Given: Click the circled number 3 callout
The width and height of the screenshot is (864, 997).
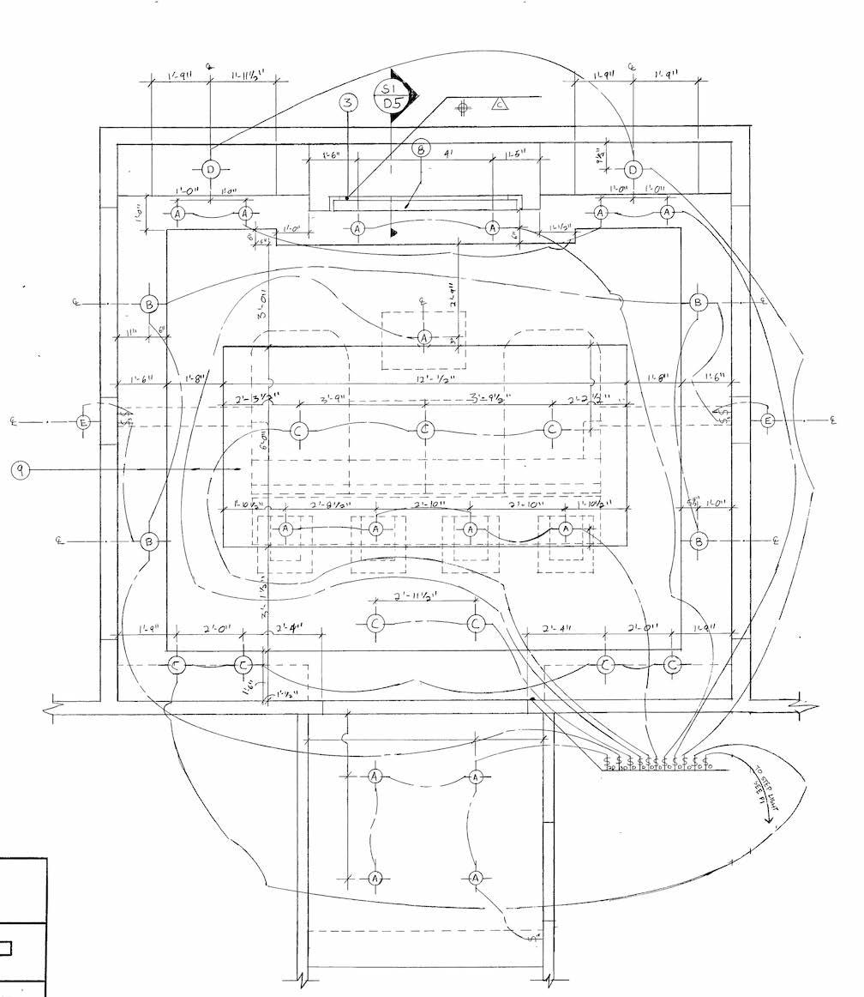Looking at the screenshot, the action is click(347, 104).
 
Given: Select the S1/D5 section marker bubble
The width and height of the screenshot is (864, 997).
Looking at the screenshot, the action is click(392, 95).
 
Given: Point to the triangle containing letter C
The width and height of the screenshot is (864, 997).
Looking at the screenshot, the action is click(500, 106).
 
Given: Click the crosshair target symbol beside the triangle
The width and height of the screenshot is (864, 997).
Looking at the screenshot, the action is click(463, 108).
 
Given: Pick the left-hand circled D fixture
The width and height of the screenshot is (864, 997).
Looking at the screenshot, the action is click(211, 169).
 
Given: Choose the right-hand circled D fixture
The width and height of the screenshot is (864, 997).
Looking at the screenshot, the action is click(633, 169).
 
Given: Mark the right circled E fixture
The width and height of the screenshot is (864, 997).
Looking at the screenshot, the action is click(767, 420).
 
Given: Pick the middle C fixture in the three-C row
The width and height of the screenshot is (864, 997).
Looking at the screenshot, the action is click(425, 430).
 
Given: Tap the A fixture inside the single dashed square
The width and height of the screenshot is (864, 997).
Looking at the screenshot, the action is click(423, 338).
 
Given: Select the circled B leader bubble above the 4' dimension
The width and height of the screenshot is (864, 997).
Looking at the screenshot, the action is click(421, 148).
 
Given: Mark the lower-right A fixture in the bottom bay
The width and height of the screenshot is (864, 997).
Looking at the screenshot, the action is click(477, 878).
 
